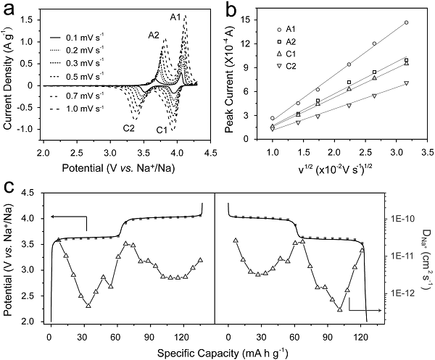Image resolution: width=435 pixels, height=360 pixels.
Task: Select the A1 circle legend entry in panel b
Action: click(x=290, y=28)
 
